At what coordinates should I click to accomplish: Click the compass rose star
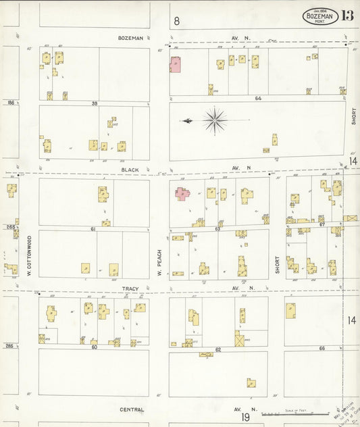[215, 120]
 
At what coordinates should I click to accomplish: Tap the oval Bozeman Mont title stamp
[320, 16]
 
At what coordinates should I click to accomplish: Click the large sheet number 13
[348, 16]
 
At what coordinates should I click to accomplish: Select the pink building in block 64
[175, 64]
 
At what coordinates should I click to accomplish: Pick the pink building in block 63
[182, 193]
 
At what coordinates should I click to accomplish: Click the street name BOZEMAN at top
[130, 39]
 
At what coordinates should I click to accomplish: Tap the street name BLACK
[130, 170]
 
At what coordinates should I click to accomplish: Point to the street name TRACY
[130, 288]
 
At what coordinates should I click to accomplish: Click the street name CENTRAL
[132, 409]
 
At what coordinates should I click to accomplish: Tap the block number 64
[258, 99]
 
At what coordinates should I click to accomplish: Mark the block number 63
[218, 230]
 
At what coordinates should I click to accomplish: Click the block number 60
[94, 347]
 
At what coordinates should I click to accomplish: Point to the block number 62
[218, 349]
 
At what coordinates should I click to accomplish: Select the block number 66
[322, 349]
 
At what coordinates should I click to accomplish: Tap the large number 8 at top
[177, 21]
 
